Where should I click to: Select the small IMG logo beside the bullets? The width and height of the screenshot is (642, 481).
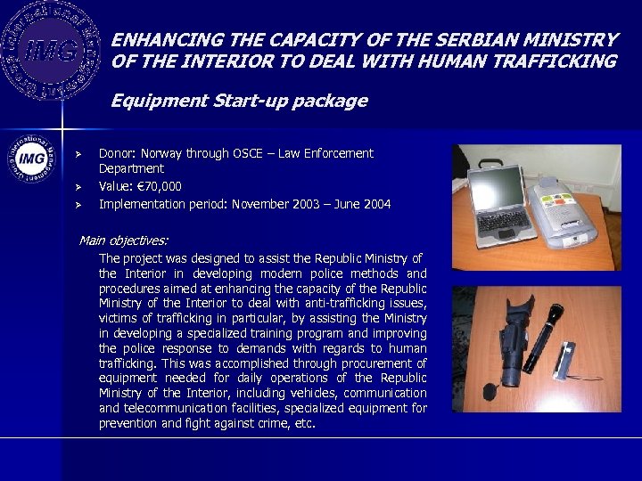[32, 161]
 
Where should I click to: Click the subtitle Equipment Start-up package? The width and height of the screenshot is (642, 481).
[239, 101]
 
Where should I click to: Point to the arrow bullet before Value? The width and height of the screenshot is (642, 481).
[78, 187]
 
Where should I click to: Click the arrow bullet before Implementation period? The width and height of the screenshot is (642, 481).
[78, 205]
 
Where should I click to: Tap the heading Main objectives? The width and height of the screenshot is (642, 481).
[123, 240]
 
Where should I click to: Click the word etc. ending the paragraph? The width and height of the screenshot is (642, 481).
[305, 423]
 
